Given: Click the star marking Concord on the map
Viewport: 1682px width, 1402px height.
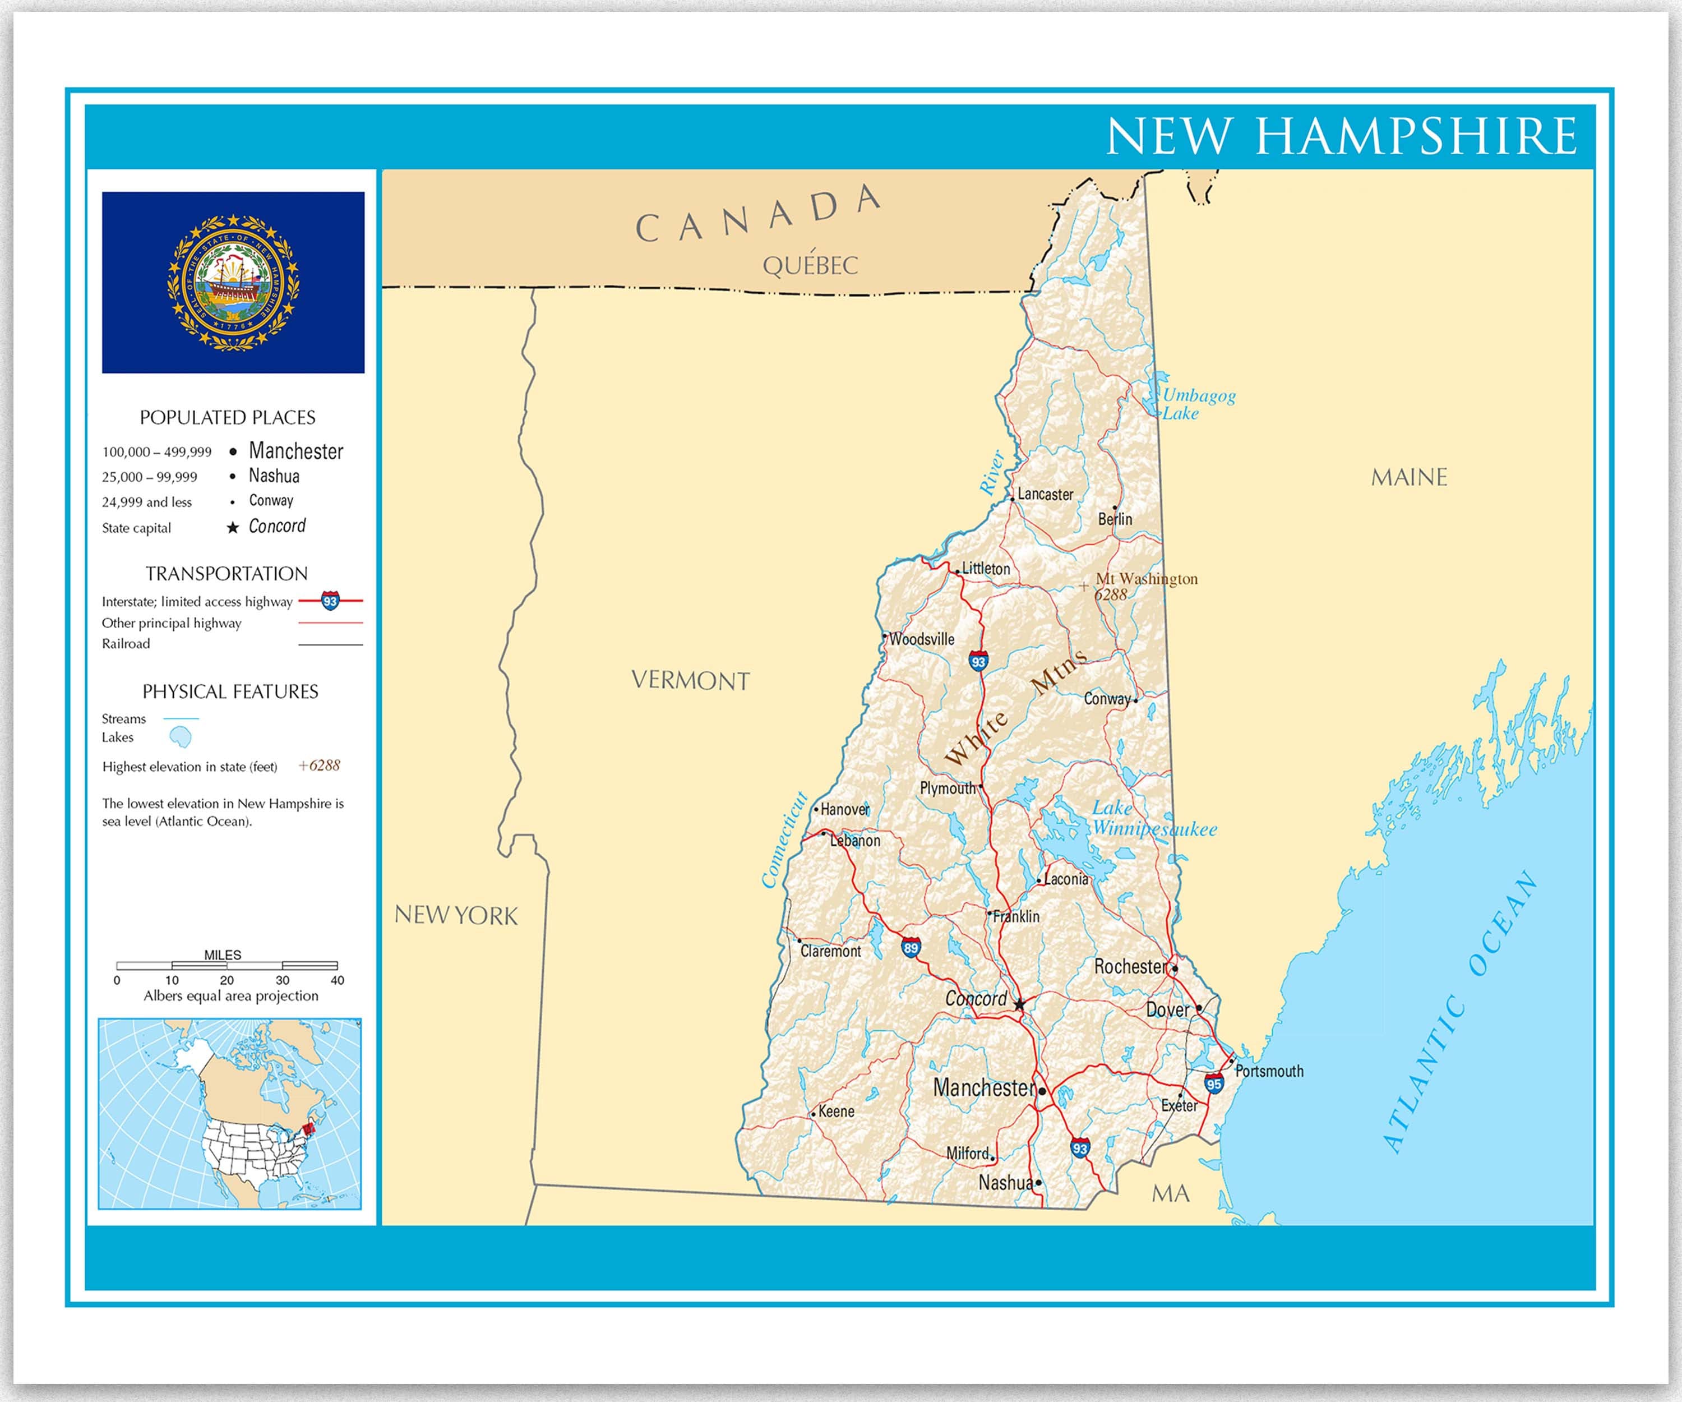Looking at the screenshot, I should tap(1019, 1004).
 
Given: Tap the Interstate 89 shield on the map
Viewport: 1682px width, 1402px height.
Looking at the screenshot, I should tap(911, 948).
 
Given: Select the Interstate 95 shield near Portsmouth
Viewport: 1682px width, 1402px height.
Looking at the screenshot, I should tap(1213, 1084).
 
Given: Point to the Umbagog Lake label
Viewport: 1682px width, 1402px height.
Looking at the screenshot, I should tap(1198, 404).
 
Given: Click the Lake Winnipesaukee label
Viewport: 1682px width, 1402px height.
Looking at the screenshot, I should tap(1153, 819).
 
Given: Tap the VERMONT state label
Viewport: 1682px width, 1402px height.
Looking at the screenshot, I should tap(690, 681).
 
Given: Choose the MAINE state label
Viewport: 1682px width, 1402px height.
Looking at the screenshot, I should tap(1409, 477).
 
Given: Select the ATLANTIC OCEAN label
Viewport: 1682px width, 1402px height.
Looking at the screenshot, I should tap(1459, 1011).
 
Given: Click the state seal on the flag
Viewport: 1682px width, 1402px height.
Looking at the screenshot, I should tap(233, 283).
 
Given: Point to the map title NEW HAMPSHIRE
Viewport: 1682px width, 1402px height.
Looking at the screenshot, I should tap(1342, 136).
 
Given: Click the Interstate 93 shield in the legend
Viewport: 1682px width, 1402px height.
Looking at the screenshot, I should tap(330, 600).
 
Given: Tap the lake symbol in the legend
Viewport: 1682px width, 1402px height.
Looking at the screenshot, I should tap(181, 736).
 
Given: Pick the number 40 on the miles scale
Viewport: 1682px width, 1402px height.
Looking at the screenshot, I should tap(337, 980).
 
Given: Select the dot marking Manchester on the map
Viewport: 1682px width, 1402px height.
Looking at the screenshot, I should tap(1042, 1091).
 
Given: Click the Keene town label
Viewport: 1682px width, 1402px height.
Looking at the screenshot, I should tap(836, 1111).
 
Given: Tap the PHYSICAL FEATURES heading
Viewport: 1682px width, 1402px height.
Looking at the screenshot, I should tap(230, 691).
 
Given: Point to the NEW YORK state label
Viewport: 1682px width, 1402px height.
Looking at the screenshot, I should tap(456, 915).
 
